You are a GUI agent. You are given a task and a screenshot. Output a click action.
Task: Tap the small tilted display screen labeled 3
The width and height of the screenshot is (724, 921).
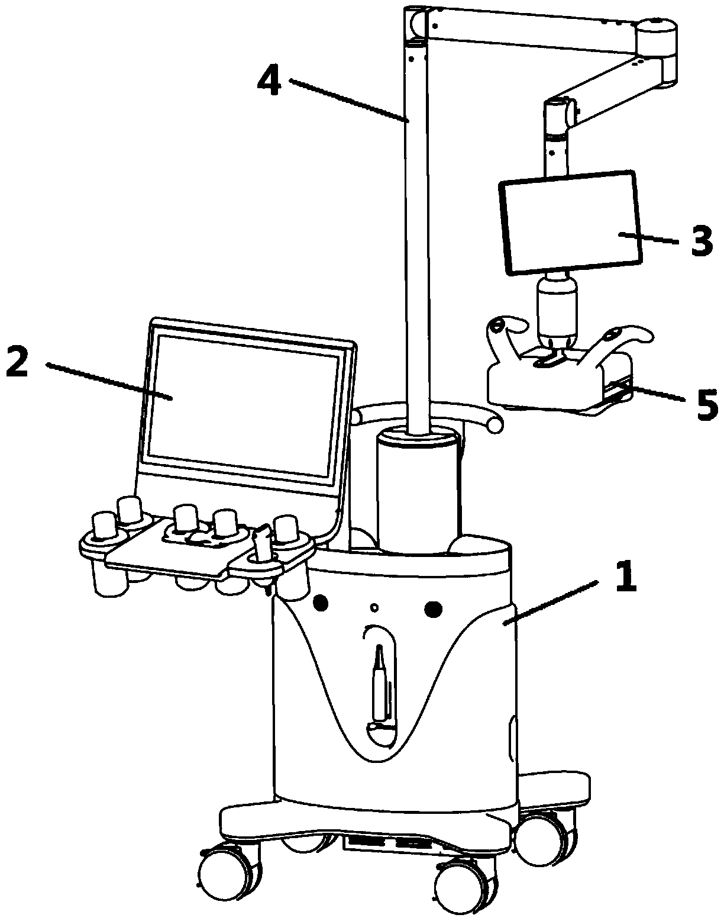coord(571,223)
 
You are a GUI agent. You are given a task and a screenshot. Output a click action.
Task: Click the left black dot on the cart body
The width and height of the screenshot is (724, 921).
coord(321,603)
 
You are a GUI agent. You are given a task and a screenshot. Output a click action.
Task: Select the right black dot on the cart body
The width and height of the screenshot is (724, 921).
coord(434,607)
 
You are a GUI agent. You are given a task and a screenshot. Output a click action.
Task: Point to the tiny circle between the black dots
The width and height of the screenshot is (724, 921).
coord(374,607)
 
